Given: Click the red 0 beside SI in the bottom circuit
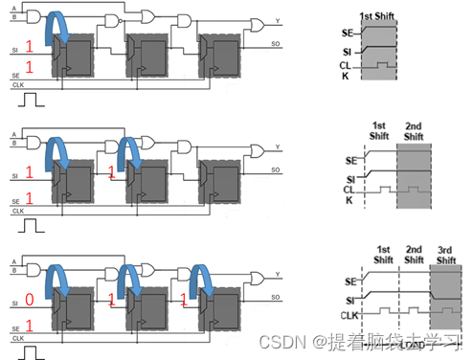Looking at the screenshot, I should [x=29, y=299].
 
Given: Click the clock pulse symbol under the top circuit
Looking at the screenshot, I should [x=32, y=98].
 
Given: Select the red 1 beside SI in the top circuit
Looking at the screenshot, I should [x=29, y=44].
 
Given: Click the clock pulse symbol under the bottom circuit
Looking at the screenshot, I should [x=32, y=350].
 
